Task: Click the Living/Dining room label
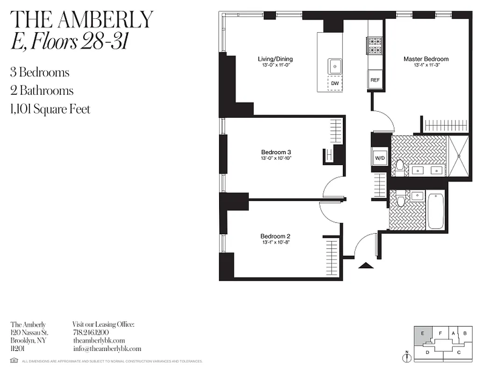(x=275, y=59)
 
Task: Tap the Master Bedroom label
(x=426, y=59)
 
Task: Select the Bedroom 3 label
(x=276, y=152)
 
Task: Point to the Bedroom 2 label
(x=276, y=236)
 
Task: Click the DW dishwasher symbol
(x=335, y=84)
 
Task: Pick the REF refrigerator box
(x=375, y=80)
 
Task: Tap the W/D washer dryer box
(x=380, y=158)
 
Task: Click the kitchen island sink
(x=335, y=66)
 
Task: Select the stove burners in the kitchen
(x=375, y=45)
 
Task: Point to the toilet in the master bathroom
(x=400, y=165)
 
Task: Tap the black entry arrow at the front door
(x=366, y=266)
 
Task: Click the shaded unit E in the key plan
(x=422, y=335)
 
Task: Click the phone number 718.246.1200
(x=91, y=332)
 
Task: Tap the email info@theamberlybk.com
(x=107, y=349)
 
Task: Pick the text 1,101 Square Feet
(x=50, y=109)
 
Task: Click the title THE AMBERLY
(x=82, y=20)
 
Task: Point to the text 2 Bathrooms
(x=42, y=91)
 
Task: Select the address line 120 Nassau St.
(x=28, y=332)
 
